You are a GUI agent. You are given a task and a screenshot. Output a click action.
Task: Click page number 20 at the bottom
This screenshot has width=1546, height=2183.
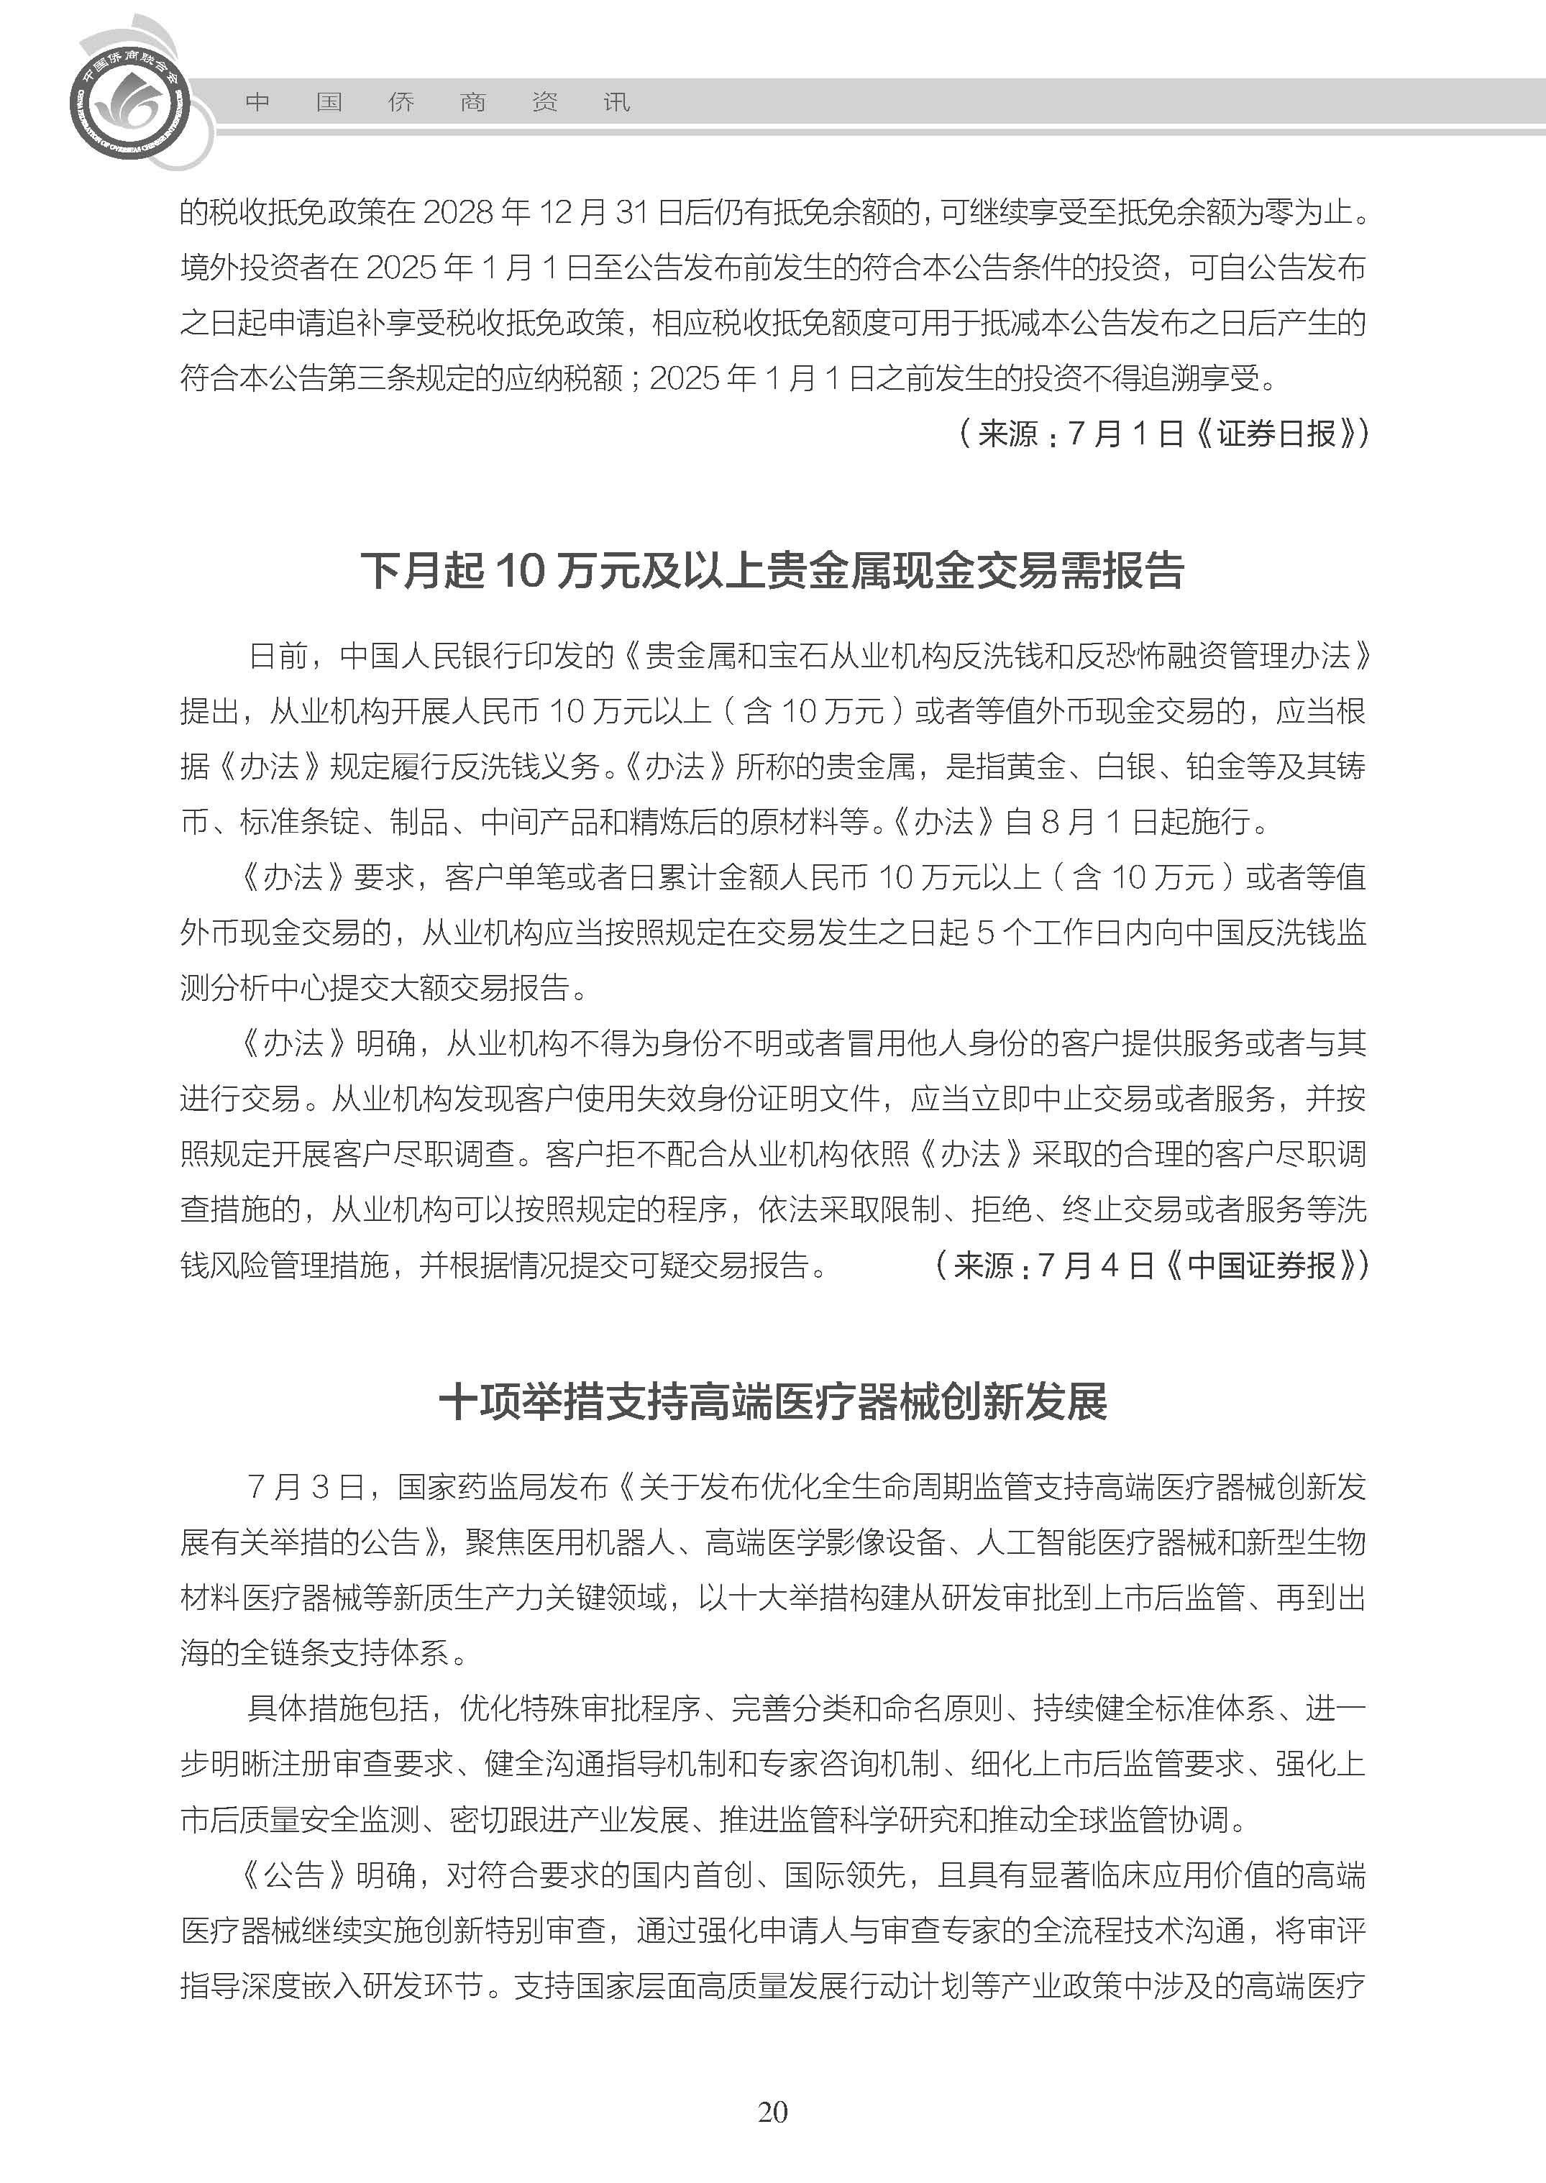[772, 2138]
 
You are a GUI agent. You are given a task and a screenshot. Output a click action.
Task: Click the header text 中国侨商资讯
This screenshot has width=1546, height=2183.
[437, 102]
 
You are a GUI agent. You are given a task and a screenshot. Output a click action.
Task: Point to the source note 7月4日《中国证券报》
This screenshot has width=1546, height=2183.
[1152, 1266]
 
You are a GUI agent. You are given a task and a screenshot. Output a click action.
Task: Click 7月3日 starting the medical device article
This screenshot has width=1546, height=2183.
[306, 1486]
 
